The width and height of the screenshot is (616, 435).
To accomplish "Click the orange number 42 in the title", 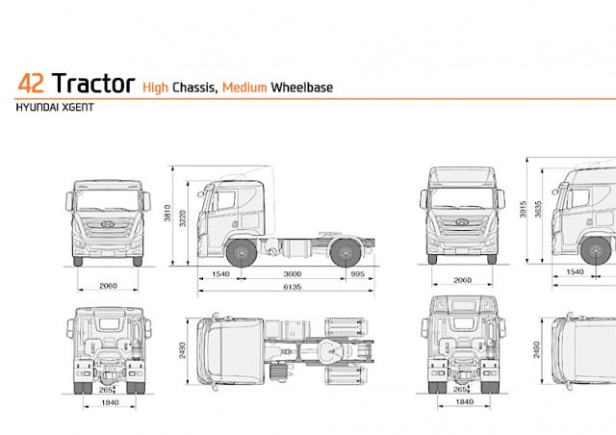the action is click(x=31, y=84).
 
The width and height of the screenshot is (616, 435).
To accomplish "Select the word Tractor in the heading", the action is click(x=93, y=83).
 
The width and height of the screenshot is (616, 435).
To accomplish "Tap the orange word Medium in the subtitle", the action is click(x=244, y=88).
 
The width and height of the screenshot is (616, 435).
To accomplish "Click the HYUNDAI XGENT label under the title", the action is click(x=55, y=107).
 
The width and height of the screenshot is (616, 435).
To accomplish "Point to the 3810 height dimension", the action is click(x=167, y=213).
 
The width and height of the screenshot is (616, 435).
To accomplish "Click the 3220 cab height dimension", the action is click(x=183, y=218).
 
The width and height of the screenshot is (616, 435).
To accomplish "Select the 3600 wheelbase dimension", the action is click(x=293, y=274).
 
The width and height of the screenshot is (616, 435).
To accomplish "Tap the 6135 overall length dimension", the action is click(x=293, y=287).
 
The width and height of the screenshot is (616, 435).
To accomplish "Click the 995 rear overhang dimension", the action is click(x=357, y=274).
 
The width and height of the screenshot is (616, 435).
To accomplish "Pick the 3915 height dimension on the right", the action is click(x=523, y=209).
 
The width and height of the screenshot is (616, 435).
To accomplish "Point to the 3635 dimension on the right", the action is click(x=538, y=209).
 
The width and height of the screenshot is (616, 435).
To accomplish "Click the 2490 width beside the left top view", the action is click(x=182, y=350).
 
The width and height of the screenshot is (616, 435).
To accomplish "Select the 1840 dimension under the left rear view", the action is click(x=110, y=402).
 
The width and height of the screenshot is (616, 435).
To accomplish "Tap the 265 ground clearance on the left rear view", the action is click(x=105, y=390).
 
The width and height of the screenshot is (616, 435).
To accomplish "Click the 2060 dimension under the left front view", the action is click(x=108, y=286).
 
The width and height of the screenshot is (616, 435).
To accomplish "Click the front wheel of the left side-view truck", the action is click(x=242, y=252).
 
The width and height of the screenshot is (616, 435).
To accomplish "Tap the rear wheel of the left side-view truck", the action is click(x=346, y=252).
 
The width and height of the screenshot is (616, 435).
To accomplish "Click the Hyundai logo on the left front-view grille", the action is click(x=108, y=224).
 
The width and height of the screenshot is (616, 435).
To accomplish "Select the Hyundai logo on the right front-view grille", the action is click(x=462, y=222).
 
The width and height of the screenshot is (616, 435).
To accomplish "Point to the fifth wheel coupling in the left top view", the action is click(x=331, y=350).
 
